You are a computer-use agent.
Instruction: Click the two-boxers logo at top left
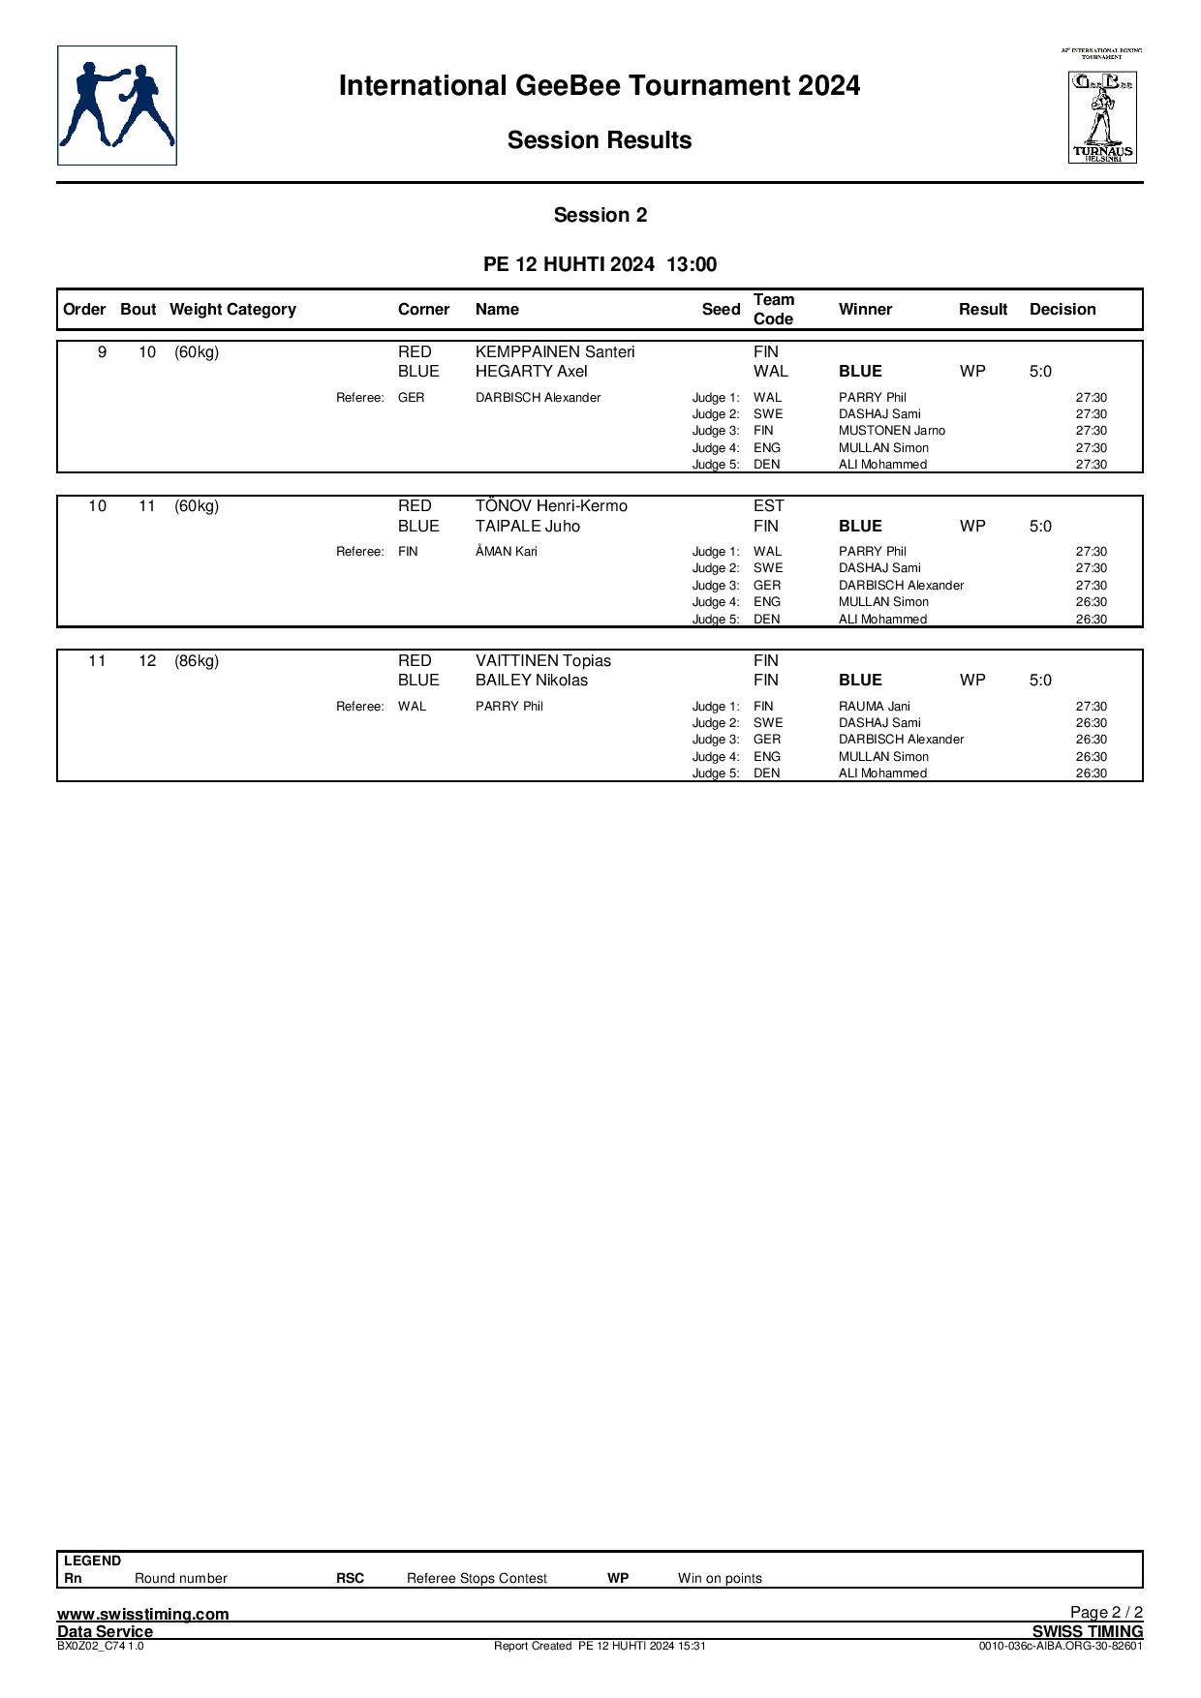[x=117, y=106]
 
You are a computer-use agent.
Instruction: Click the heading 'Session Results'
[x=600, y=140]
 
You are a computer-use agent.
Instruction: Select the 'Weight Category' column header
[x=232, y=310]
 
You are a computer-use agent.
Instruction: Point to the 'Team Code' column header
[x=774, y=310]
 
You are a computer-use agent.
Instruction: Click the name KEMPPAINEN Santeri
[x=555, y=352]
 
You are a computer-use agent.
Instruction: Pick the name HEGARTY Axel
[x=532, y=372]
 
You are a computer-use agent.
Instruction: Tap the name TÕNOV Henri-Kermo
[x=551, y=506]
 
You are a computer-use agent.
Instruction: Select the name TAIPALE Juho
[x=528, y=527]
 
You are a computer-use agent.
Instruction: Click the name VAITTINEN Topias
[x=543, y=661]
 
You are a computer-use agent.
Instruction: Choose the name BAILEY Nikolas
[x=532, y=681]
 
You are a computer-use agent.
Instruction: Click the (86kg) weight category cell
[x=197, y=661]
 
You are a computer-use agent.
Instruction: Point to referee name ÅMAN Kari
[x=507, y=552]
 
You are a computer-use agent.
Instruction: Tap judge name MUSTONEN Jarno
[x=892, y=431]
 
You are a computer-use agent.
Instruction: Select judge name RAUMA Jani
[x=875, y=707]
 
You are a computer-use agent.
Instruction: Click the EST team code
[x=769, y=506]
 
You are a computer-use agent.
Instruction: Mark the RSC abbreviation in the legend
[x=351, y=1578]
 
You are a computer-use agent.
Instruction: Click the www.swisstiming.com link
[x=143, y=1614]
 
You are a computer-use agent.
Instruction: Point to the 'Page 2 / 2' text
[x=1106, y=1612]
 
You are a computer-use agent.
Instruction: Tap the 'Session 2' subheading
[x=600, y=216]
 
